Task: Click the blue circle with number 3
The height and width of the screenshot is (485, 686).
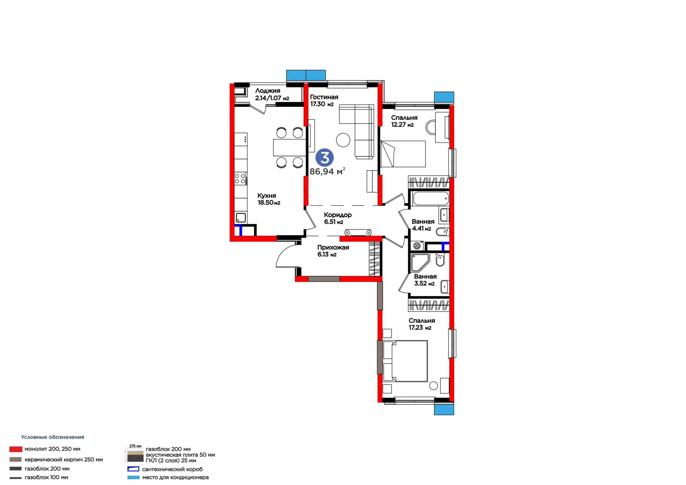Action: (x=325, y=158)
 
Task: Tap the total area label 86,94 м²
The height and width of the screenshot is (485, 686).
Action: (x=327, y=171)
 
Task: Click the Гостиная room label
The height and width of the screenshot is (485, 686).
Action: (x=324, y=97)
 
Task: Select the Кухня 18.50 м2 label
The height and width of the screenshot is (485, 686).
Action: (x=269, y=199)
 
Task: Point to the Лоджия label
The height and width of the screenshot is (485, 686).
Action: (x=268, y=91)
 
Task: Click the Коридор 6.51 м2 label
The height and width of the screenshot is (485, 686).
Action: (x=338, y=218)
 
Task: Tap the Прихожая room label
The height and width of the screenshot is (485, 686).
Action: (x=333, y=247)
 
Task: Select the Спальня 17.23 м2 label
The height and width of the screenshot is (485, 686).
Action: (x=422, y=324)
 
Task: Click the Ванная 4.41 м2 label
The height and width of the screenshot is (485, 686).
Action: (x=423, y=225)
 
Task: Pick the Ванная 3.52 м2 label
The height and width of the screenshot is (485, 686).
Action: (x=425, y=280)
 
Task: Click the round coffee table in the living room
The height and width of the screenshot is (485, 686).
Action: (x=343, y=140)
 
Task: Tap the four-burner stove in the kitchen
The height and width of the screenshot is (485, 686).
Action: (x=241, y=178)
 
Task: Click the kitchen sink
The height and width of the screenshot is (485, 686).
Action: (x=241, y=217)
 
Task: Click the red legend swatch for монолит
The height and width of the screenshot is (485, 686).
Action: (x=16, y=449)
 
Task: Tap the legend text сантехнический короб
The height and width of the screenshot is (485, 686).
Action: (x=172, y=469)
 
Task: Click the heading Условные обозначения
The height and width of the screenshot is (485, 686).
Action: (x=53, y=437)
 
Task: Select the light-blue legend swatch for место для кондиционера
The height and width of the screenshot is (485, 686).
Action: (x=133, y=477)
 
